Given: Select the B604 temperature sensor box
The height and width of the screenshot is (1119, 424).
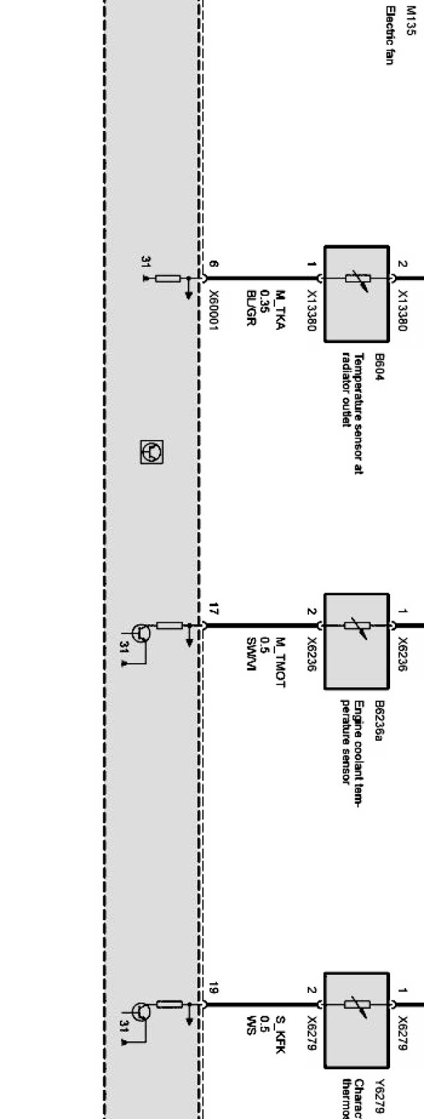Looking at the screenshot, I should click(x=356, y=293).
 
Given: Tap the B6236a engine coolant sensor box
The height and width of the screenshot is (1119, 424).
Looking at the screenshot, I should click(x=356, y=641).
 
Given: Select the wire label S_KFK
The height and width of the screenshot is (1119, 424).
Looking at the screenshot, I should click(x=280, y=1034).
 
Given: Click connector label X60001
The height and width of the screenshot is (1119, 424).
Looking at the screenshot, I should click(x=214, y=310).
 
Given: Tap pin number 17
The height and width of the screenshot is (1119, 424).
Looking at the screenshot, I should click(x=213, y=610).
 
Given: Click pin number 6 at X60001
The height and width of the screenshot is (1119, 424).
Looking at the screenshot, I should click(x=213, y=265).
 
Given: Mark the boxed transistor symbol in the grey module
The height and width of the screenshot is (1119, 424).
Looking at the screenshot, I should click(x=151, y=452).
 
